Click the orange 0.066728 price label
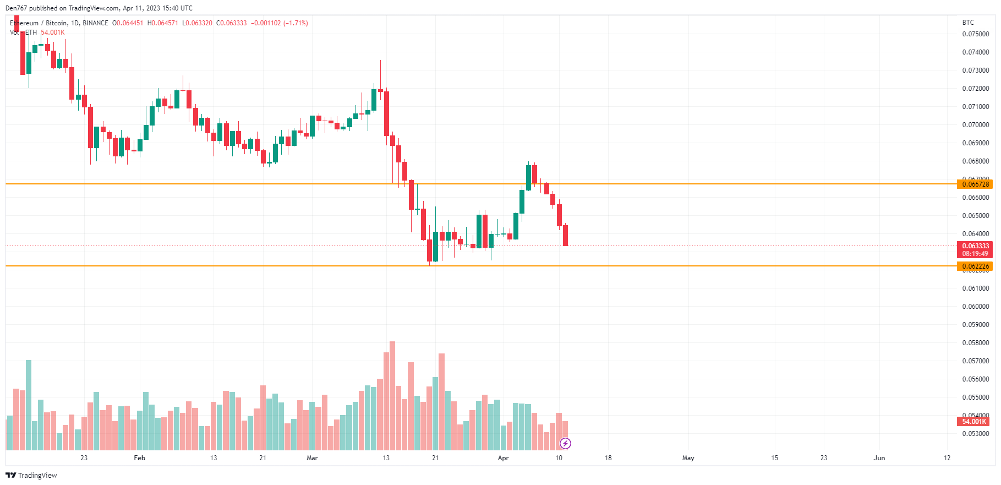click(x=975, y=184)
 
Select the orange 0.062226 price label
click(x=975, y=266)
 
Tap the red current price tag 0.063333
click(x=975, y=246)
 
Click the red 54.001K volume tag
click(x=973, y=422)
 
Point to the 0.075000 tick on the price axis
click(x=975, y=34)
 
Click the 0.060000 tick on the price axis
click(x=975, y=307)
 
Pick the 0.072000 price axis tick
click(x=975, y=89)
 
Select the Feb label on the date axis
click(x=140, y=458)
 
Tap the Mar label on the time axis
click(x=312, y=458)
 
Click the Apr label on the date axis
click(x=503, y=458)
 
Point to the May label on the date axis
click(x=688, y=458)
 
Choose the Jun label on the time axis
click(x=879, y=458)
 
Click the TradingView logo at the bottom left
click(x=31, y=475)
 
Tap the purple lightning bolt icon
click(x=565, y=443)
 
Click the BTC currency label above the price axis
click(x=968, y=23)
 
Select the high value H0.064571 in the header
click(x=163, y=23)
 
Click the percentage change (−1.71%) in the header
click(x=296, y=23)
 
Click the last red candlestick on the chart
click(x=565, y=235)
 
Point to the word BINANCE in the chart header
click(x=95, y=23)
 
